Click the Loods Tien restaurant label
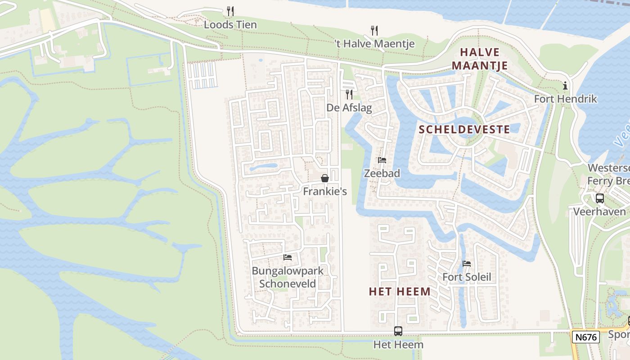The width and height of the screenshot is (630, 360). pyautogui.click(x=230, y=25)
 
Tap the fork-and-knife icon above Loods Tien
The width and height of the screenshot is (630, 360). pyautogui.click(x=230, y=11)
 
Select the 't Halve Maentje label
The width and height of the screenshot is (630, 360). pyautogui.click(x=374, y=44)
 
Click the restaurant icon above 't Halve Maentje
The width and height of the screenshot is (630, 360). pyautogui.click(x=374, y=30)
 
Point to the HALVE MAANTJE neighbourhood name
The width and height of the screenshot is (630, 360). pyautogui.click(x=480, y=59)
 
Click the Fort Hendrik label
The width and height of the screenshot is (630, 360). pyautogui.click(x=565, y=99)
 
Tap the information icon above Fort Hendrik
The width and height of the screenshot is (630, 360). pyautogui.click(x=565, y=85)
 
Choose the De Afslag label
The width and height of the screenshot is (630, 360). pyautogui.click(x=349, y=108)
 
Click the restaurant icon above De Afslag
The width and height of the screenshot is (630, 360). pyautogui.click(x=349, y=94)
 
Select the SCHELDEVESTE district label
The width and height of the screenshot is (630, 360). pyautogui.click(x=464, y=130)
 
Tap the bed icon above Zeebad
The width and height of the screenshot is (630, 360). pyautogui.click(x=382, y=160)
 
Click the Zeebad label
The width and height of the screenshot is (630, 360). pyautogui.click(x=382, y=173)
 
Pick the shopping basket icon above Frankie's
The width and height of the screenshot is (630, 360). pyautogui.click(x=324, y=178)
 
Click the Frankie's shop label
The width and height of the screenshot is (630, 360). pyautogui.click(x=325, y=192)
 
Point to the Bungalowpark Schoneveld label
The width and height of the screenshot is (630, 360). pyautogui.click(x=288, y=277)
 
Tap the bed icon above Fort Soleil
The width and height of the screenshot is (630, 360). pyautogui.click(x=467, y=264)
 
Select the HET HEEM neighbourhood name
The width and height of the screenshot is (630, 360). pyautogui.click(x=400, y=292)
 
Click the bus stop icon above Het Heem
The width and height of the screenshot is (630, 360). pyautogui.click(x=398, y=331)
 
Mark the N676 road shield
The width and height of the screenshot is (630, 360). pyautogui.click(x=585, y=337)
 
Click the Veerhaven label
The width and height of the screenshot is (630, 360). pyautogui.click(x=599, y=211)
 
